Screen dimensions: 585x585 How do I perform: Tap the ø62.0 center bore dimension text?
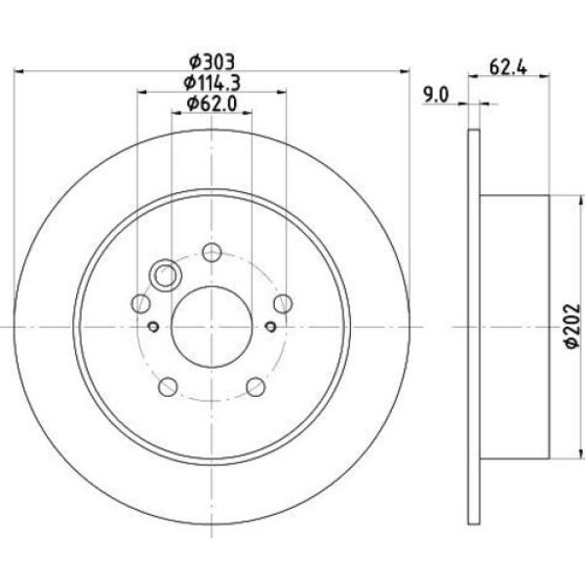(x=212, y=103)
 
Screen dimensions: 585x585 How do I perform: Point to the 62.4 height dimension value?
(x=504, y=68)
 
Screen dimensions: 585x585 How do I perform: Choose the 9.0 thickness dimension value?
(x=435, y=95)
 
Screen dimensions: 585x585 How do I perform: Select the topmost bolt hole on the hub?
(x=212, y=253)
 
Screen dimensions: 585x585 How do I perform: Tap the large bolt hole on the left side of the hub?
(x=141, y=302)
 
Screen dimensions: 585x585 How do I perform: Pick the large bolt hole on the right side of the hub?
(x=282, y=302)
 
